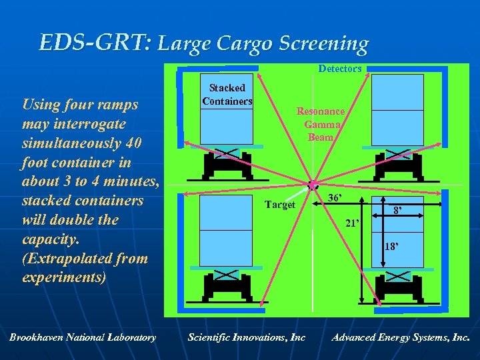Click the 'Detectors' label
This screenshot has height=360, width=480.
[x=340, y=69]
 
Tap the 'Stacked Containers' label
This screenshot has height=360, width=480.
[x=227, y=94]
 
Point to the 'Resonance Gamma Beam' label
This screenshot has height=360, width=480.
[x=321, y=124]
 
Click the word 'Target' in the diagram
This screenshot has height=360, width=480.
[x=280, y=205]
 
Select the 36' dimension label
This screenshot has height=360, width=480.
[x=335, y=198]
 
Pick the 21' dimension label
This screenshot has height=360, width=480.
[x=352, y=224]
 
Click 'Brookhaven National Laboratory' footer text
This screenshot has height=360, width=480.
[x=83, y=337]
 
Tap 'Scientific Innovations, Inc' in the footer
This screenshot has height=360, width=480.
[x=247, y=337]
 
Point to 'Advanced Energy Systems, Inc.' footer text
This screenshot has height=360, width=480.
[x=400, y=337]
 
